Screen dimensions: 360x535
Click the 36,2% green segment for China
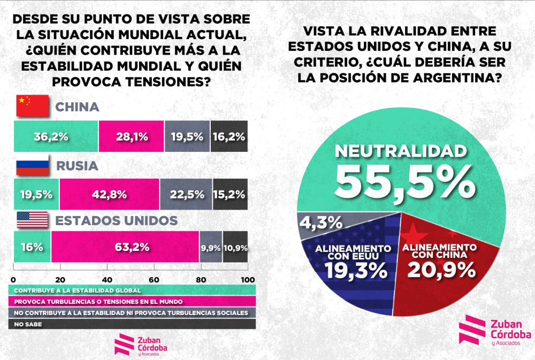pos(56,136)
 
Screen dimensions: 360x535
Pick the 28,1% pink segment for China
pos(132,136)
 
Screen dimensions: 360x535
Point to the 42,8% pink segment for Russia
pos(110,195)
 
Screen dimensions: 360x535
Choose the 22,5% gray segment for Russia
pos(186,195)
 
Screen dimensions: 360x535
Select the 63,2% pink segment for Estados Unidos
pos(125,247)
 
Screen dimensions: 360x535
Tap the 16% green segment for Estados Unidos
pos(32,247)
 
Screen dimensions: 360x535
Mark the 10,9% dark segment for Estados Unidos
pos(235,247)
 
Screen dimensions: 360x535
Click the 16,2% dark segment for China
pos(229,136)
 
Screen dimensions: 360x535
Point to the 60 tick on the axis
pos(154,280)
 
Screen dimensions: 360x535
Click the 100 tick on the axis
pos(247,280)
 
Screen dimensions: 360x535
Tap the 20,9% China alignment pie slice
pos(439,262)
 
